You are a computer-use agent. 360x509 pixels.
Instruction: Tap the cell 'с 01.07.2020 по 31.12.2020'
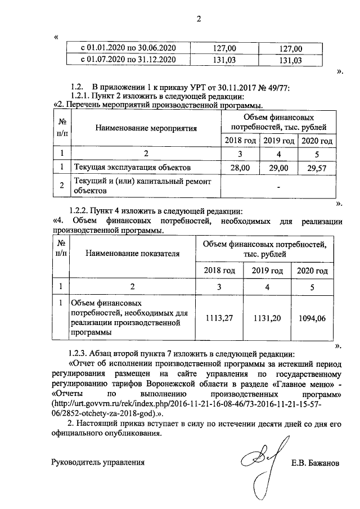click(129, 59)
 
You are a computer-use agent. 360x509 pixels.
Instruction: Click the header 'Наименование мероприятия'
click(146, 128)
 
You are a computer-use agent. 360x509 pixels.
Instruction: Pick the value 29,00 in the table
click(278, 168)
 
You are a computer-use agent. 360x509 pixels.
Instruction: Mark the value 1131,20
click(268, 318)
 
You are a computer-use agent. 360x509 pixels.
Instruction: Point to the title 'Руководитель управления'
click(98, 463)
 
